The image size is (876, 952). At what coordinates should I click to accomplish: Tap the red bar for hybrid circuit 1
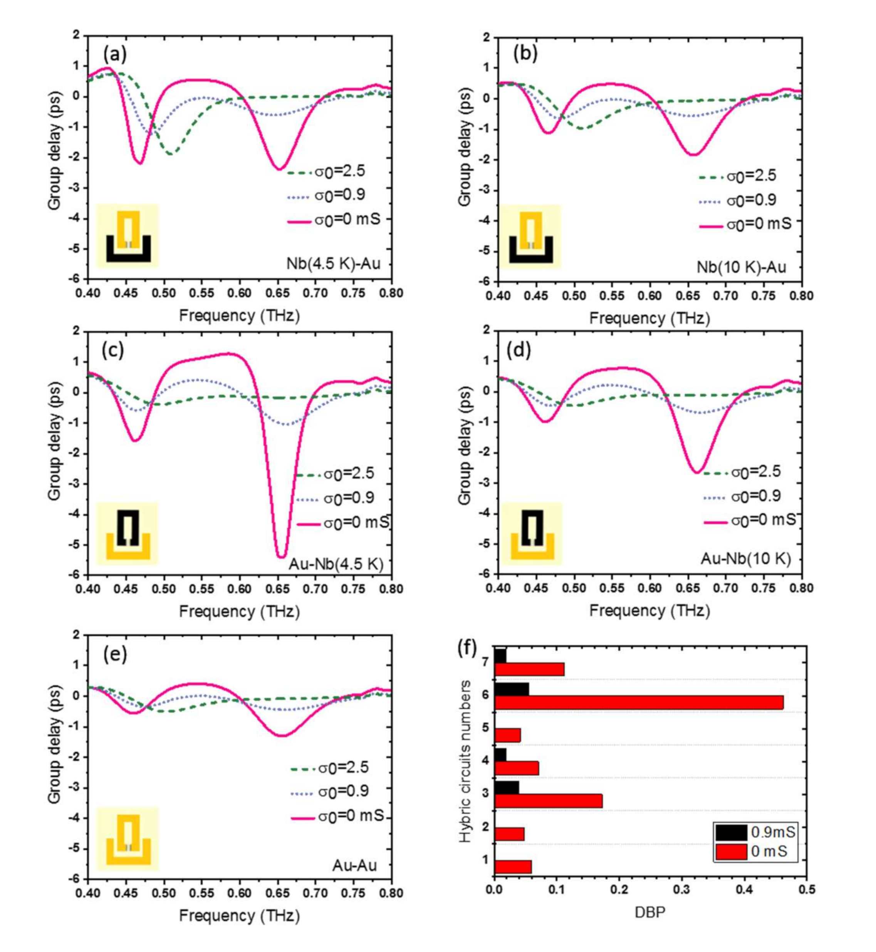click(512, 867)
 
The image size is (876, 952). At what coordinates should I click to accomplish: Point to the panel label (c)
click(113, 350)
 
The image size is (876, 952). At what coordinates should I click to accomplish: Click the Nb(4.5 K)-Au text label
click(333, 263)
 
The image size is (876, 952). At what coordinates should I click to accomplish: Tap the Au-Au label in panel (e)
click(354, 865)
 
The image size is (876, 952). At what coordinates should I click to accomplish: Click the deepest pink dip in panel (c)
click(281, 556)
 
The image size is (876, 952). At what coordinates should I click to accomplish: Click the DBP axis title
click(650, 911)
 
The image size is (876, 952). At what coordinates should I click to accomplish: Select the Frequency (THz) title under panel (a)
click(239, 315)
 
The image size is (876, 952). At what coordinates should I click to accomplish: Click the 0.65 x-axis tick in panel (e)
click(277, 893)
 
